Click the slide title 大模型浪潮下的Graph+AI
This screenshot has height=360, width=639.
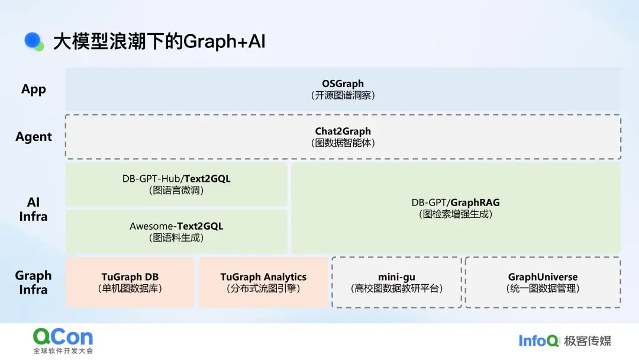[159, 41]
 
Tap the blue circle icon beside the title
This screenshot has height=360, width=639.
[34, 40]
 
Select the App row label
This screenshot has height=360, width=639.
[34, 89]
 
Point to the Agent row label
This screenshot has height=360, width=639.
[34, 137]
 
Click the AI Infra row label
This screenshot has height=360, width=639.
[34, 209]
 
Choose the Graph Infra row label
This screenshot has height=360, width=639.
[34, 282]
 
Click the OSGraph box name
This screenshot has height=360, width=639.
[343, 83]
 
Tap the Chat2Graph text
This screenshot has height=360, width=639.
[343, 131]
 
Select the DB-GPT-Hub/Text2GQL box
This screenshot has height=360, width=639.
[176, 184]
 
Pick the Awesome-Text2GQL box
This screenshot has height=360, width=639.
[176, 232]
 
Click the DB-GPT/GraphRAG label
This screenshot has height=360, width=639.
[456, 202]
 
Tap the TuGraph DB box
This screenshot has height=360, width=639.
[130, 282]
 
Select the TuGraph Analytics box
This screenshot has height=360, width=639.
[263, 282]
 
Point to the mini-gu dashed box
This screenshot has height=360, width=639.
[396, 282]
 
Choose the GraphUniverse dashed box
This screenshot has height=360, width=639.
[543, 282]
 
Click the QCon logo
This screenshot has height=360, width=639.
[63, 337]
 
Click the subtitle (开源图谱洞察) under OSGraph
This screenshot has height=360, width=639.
[343, 95]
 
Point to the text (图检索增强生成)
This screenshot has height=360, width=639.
[456, 214]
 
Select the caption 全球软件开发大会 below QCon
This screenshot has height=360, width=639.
[63, 351]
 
